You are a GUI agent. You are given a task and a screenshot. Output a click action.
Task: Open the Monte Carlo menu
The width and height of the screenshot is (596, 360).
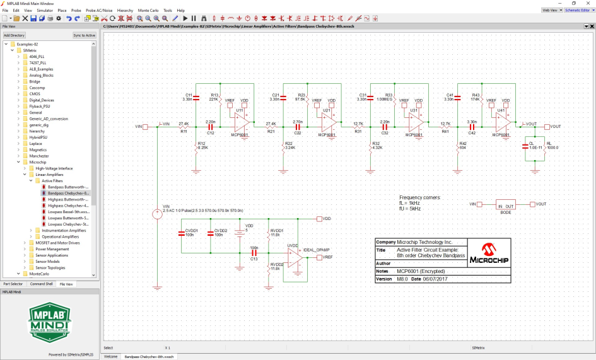click(148, 11)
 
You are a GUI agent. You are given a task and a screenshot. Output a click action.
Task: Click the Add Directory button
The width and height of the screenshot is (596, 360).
click(15, 35)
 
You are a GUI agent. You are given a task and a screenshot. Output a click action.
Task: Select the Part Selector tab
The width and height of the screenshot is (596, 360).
click(13, 284)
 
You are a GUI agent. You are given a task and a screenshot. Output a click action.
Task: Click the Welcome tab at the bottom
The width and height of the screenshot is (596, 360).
click(110, 356)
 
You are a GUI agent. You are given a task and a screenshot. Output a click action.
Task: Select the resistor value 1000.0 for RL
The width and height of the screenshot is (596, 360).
click(552, 147)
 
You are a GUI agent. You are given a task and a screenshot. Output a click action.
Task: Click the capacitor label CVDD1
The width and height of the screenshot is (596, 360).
click(192, 231)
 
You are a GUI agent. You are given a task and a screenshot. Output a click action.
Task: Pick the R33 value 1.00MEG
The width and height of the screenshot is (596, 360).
click(383, 100)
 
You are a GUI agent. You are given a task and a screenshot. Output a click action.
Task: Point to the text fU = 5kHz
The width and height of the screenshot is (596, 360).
click(410, 209)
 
